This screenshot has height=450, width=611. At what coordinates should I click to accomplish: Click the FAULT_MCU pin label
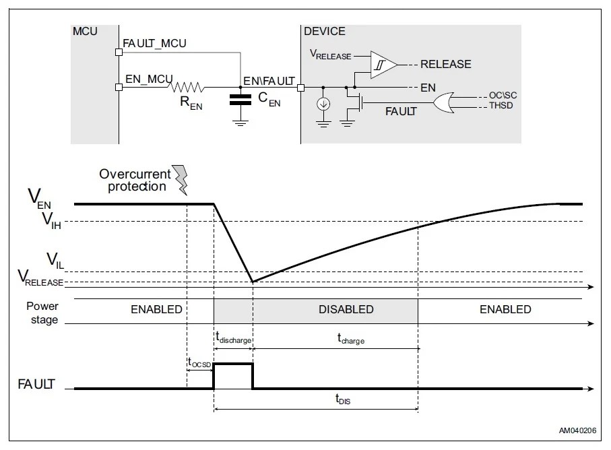[x=154, y=43]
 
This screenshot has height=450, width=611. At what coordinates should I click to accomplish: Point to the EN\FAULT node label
[x=269, y=80]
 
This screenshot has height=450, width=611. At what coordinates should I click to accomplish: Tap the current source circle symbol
[x=324, y=104]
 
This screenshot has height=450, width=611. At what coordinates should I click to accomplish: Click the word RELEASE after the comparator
[x=445, y=65]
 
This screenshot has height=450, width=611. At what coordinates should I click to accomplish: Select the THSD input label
[x=499, y=106]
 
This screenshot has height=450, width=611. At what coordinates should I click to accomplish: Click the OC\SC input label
[x=502, y=96]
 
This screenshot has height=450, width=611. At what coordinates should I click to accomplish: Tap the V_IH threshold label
[x=52, y=220]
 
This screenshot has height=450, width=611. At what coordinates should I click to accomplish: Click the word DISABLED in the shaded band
[x=346, y=310]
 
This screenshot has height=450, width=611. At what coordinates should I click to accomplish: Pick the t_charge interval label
[x=351, y=340]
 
